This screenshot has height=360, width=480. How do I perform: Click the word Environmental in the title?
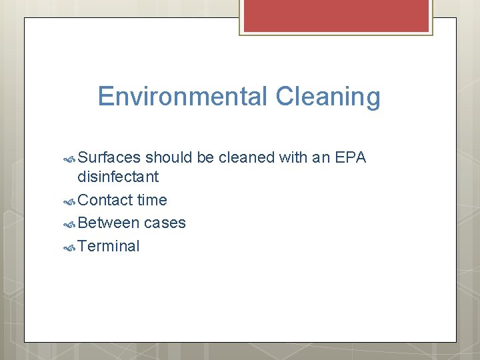181,97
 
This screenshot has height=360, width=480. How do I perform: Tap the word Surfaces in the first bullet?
109,157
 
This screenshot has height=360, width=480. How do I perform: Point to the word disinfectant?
118,177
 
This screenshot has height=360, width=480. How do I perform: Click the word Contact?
105,200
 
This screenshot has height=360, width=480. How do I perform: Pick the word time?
152,200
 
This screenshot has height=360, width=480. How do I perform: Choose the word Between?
108,223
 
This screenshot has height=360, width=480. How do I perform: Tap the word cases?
165,223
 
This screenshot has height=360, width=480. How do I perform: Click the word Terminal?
109,246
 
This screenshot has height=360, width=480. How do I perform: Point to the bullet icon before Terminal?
69,247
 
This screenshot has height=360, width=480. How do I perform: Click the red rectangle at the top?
335,15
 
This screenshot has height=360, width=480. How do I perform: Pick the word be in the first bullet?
205,157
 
